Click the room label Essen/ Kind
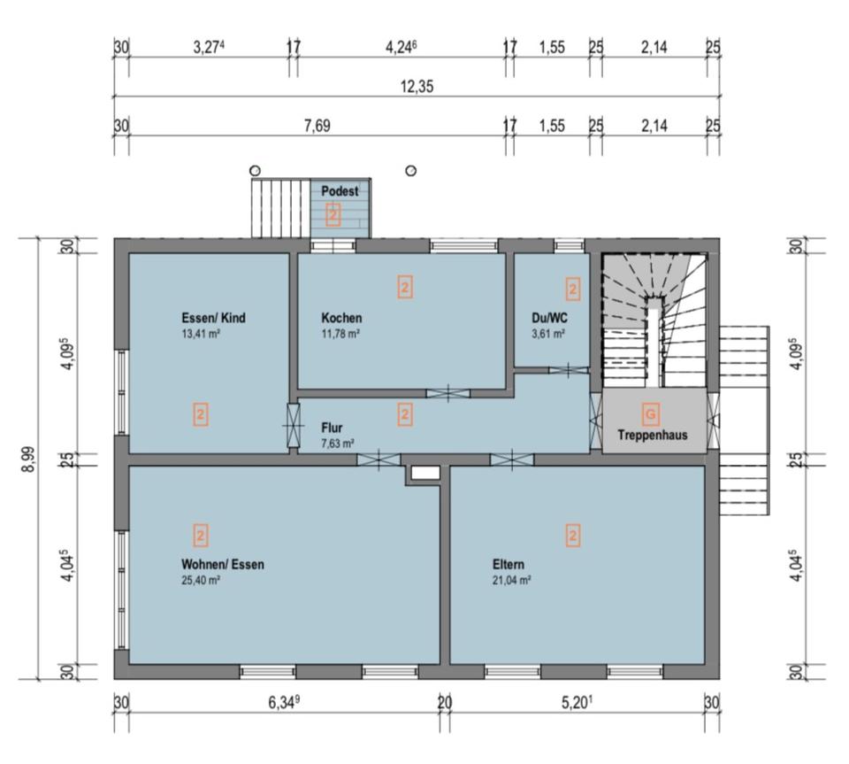(213, 318)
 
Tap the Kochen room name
(341, 318)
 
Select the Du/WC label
(549, 318)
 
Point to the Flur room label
(332, 428)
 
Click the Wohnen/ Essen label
(223, 564)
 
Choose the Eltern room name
(509, 564)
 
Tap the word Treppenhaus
(653, 435)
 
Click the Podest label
(340, 190)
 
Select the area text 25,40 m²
(201, 581)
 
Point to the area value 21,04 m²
(512, 581)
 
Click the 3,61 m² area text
(548, 334)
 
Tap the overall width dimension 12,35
(417, 86)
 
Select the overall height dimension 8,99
(28, 459)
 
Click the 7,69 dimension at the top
(317, 126)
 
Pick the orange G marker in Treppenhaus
(651, 414)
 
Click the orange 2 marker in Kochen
(405, 287)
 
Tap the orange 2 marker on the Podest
(333, 215)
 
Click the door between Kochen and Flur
(448, 393)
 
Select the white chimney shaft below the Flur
(425, 473)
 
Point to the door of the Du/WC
(568, 371)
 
